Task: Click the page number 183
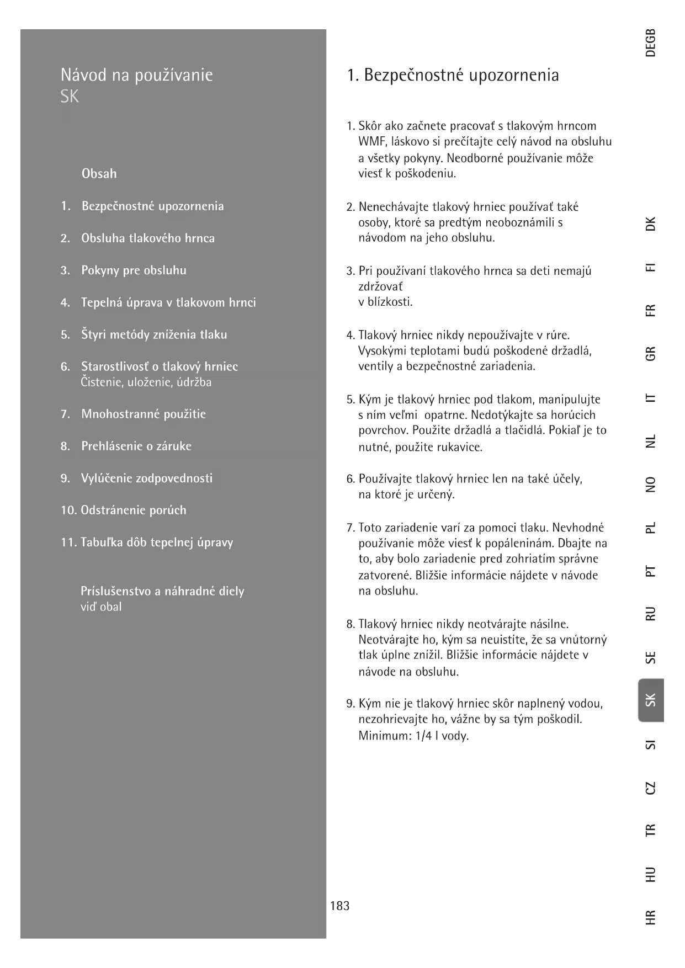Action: coord(339,906)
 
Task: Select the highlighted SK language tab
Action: coord(651,700)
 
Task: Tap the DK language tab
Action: coord(651,224)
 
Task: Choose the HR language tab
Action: coord(651,917)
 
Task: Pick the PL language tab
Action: coord(651,528)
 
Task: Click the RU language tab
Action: coord(651,613)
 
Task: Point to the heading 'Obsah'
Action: coord(99,174)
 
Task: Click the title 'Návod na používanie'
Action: coord(136,75)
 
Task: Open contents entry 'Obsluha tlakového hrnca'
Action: coord(148,238)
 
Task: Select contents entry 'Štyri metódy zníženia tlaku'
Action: coord(154,334)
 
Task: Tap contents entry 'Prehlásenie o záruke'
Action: coord(136,446)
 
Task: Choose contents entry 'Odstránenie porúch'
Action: coord(134,510)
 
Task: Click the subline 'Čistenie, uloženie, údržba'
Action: coord(146,382)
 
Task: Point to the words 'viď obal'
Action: coord(101,607)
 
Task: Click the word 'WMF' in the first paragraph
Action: coord(371,142)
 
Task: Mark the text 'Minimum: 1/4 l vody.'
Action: coord(413,736)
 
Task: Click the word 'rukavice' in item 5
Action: coord(460,447)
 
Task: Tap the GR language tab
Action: coord(651,353)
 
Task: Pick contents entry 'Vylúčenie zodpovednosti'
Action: coord(147,478)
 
